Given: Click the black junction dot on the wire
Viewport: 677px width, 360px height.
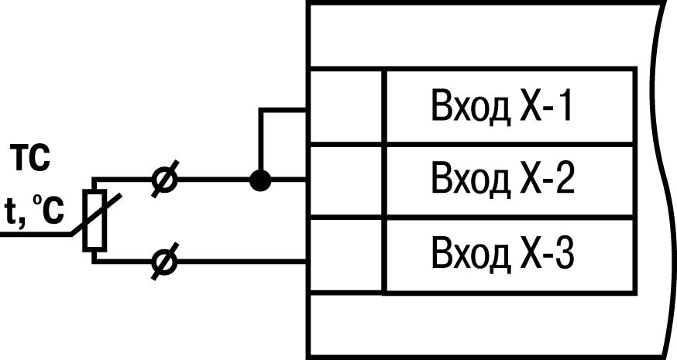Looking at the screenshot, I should point(262,180).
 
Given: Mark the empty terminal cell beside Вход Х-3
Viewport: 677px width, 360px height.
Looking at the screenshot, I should point(345,254).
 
